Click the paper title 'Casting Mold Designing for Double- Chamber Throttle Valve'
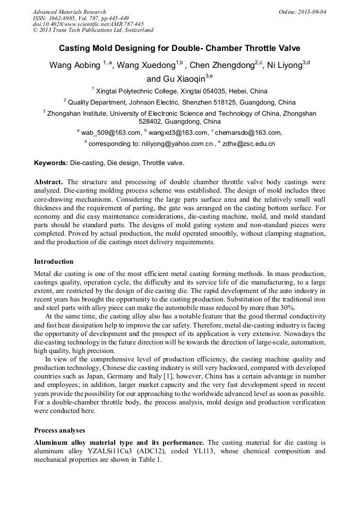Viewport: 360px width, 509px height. [x=179, y=48]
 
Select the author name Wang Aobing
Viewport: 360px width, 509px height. [x=75, y=65]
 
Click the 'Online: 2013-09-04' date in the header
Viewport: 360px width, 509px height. [x=303, y=12]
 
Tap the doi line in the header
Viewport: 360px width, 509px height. [x=88, y=24]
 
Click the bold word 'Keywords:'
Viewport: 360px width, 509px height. [x=51, y=162]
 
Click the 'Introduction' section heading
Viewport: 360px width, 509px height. [x=54, y=262]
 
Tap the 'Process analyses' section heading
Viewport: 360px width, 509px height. [x=59, y=430]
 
